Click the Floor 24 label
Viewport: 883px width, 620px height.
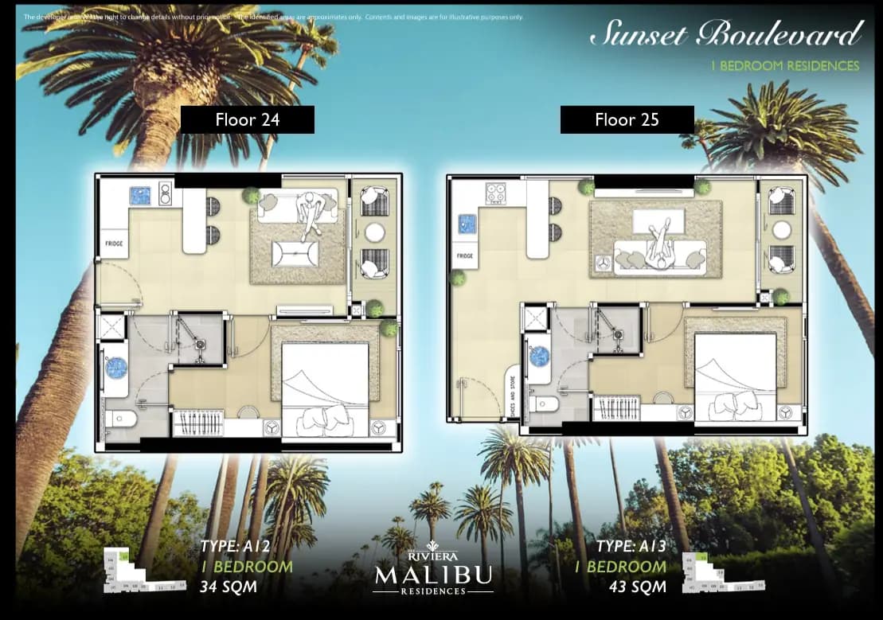[247, 120]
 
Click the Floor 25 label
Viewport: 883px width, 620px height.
[627, 120]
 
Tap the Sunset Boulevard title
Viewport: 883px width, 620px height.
[725, 34]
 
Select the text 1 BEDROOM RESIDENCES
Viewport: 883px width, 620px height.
[784, 66]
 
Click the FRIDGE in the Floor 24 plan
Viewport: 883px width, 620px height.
[114, 243]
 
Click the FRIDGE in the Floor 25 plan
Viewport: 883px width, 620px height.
[466, 255]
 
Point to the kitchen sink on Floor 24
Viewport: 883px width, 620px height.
[141, 195]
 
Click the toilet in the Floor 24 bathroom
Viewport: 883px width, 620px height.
[120, 419]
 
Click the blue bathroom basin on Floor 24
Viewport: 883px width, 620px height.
[117, 368]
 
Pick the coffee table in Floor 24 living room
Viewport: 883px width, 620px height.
[295, 254]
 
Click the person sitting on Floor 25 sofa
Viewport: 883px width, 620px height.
[658, 246]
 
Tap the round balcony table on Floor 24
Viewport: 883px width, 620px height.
[374, 232]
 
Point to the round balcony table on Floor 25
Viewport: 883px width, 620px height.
[782, 230]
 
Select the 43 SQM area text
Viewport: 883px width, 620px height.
[631, 587]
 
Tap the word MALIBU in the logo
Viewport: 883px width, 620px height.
[434, 575]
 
